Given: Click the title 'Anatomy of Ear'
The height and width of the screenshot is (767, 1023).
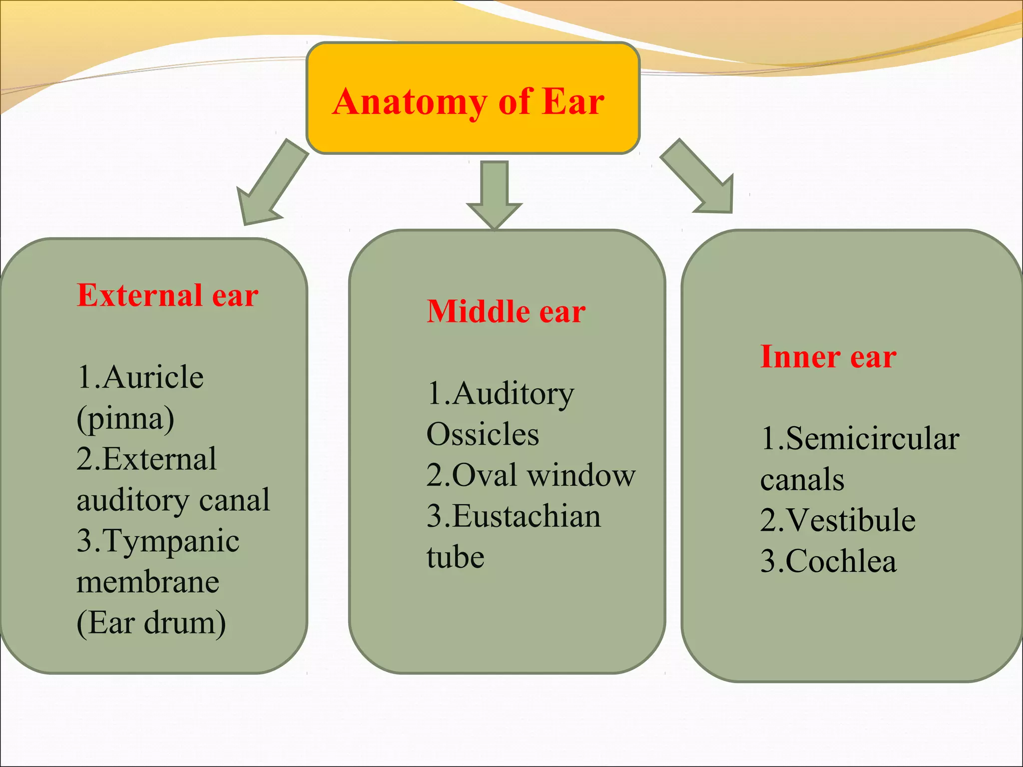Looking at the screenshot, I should tap(468, 101).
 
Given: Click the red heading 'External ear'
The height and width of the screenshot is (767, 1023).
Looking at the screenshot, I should tap(167, 295).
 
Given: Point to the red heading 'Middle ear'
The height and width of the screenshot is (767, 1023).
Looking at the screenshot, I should tap(506, 312).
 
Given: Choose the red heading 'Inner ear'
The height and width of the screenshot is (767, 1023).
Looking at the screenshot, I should tap(828, 357).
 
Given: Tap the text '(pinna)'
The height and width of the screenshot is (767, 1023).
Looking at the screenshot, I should tap(125, 418).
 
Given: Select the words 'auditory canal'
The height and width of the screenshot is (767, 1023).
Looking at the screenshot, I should tap(173, 500).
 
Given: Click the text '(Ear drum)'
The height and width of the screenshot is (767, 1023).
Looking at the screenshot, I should tap(151, 623).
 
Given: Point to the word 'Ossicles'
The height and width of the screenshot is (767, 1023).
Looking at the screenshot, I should tap(483, 434).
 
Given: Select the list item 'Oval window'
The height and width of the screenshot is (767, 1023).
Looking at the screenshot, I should tap(543, 475).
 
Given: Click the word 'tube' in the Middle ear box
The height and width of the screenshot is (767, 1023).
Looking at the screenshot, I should tap(455, 557).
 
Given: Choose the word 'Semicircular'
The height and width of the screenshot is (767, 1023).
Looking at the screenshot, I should tap(872, 439).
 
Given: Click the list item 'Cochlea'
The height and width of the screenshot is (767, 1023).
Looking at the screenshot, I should tap(841, 561).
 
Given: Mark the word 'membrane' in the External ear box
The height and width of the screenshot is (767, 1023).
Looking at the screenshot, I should tap(148, 582).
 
